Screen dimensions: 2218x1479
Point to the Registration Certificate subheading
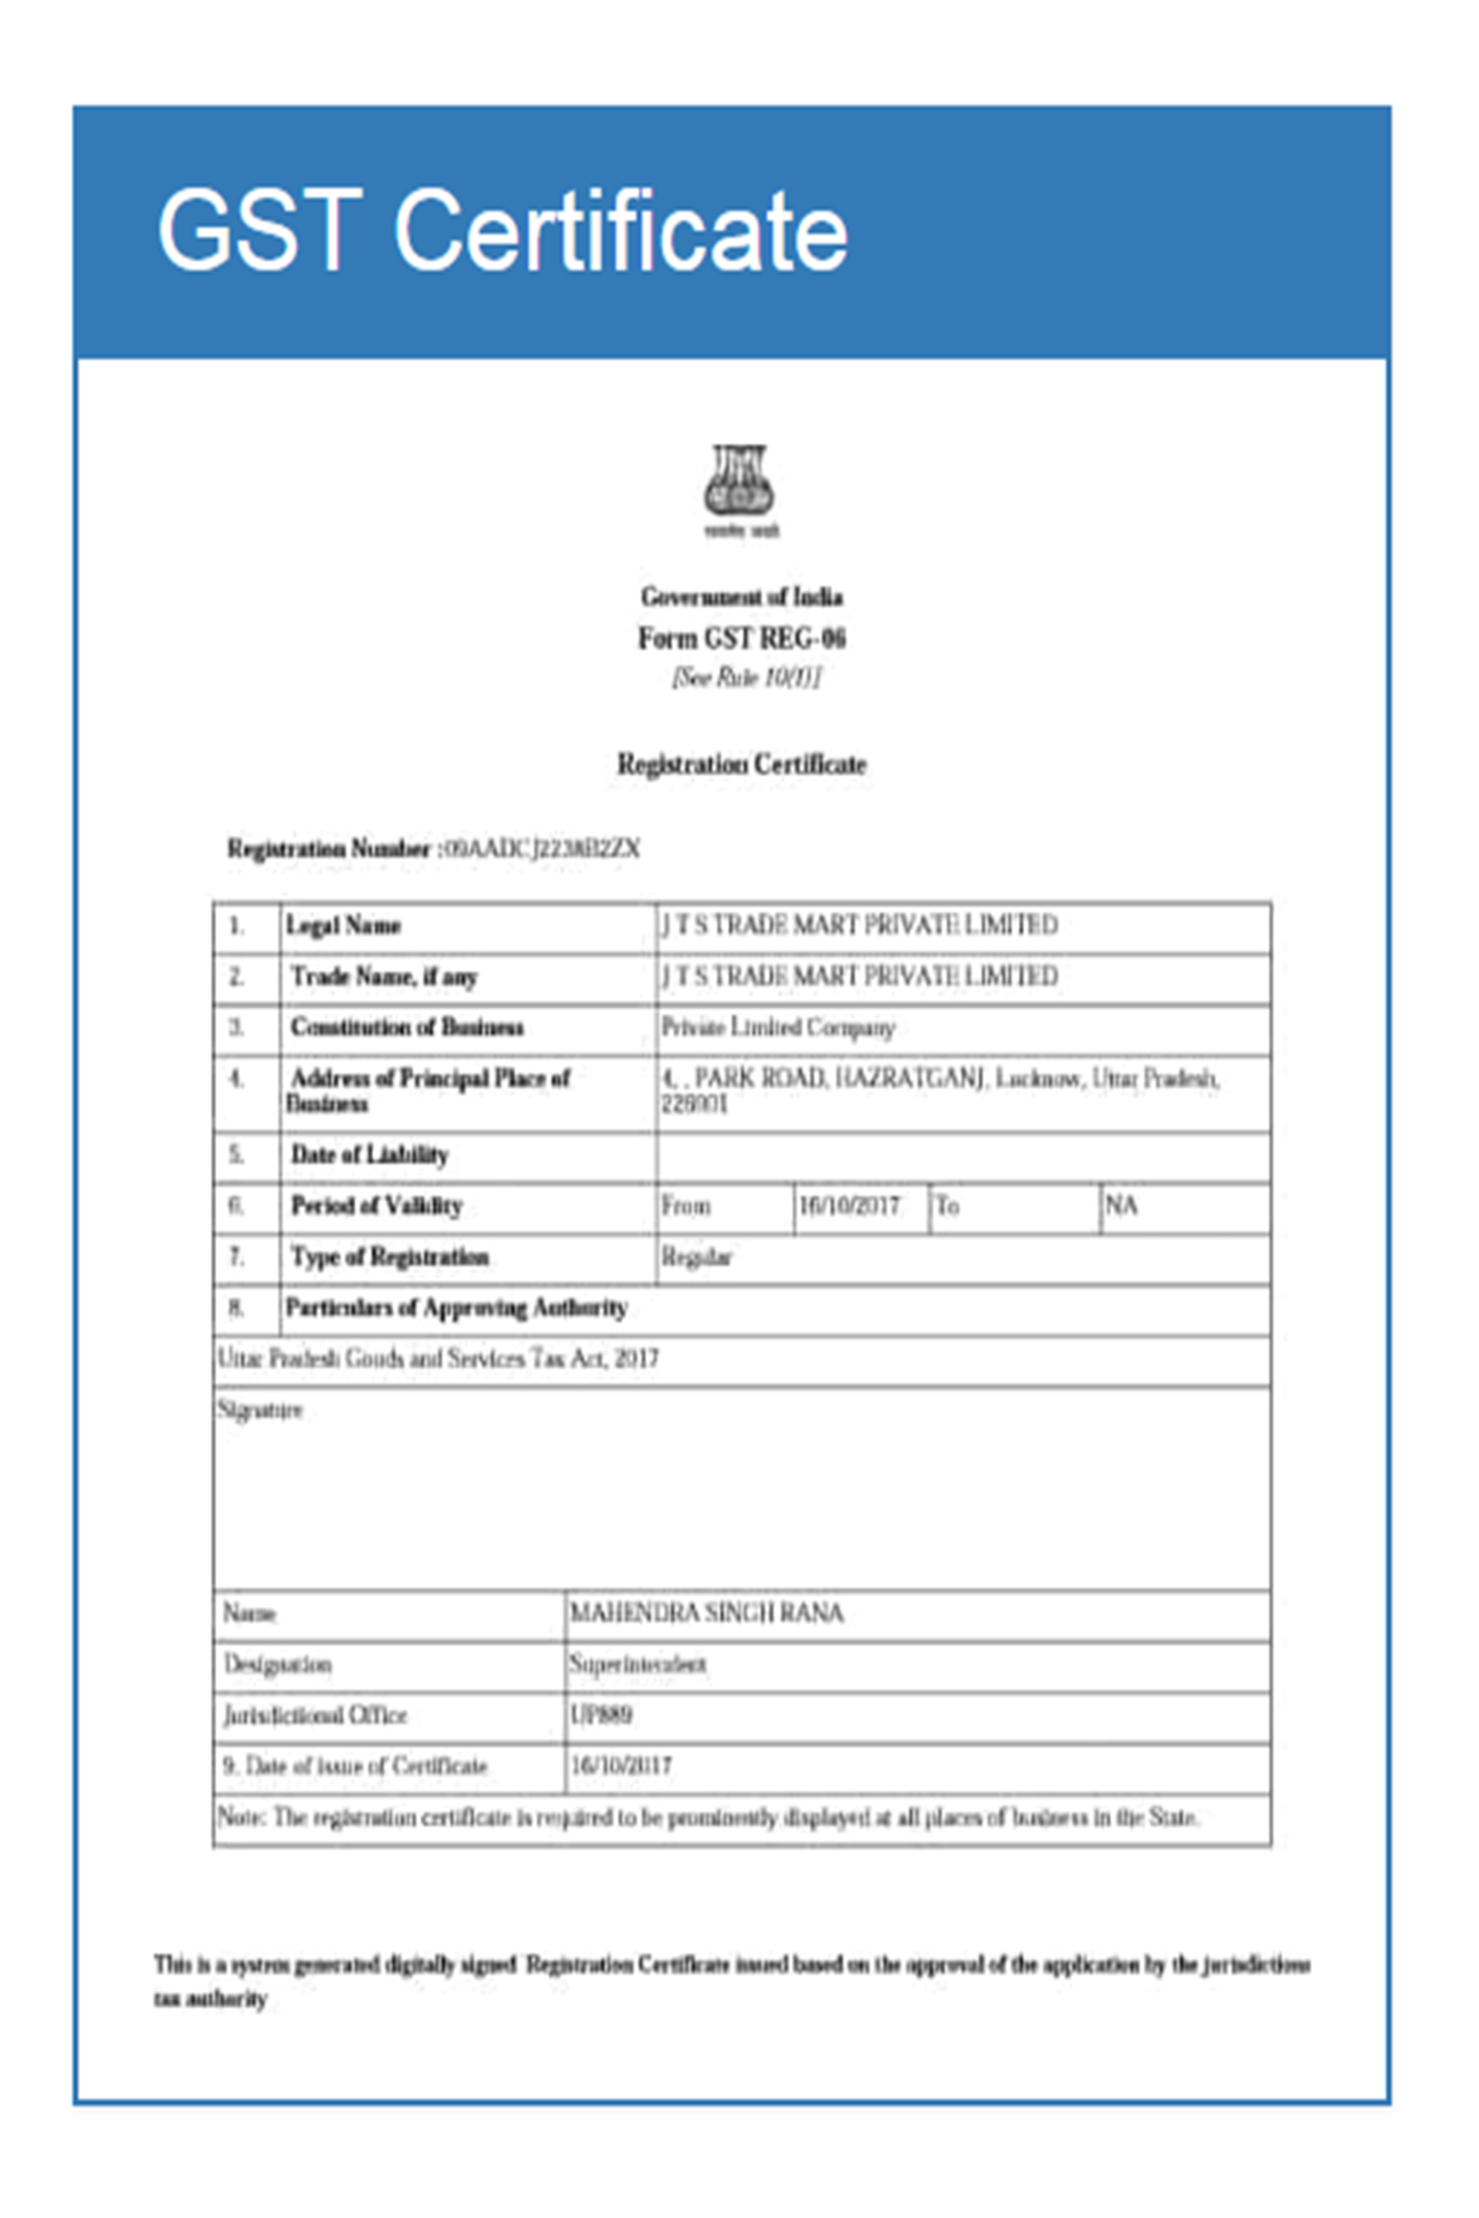tap(741, 764)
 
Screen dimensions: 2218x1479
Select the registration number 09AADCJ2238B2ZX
tap(541, 849)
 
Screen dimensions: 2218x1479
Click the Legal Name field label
tap(343, 926)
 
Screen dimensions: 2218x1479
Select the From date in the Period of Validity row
tap(849, 1206)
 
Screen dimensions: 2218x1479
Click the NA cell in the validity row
tap(1121, 1206)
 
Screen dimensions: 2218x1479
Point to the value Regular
tap(696, 1257)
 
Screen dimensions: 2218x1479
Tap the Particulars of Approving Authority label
tap(457, 1308)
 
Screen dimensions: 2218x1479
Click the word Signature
tap(260, 1410)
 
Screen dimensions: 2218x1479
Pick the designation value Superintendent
tap(637, 1665)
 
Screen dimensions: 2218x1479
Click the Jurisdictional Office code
tap(601, 1715)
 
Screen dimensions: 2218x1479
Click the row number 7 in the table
tap(237, 1257)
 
